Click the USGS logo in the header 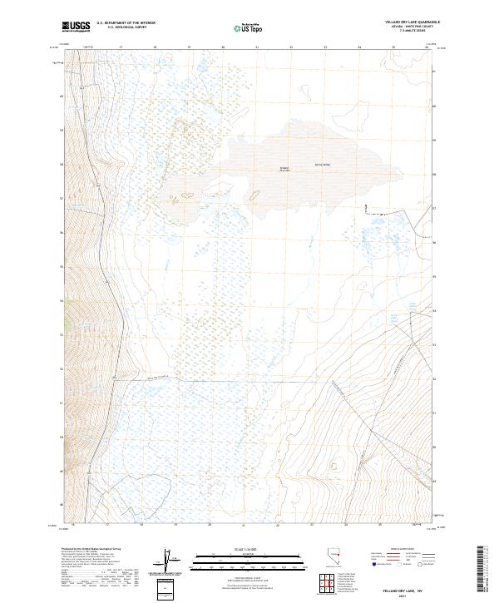[x=76, y=27]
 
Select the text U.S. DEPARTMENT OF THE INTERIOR [x=126, y=22]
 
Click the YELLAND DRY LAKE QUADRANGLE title [x=403, y=22]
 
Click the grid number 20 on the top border [x=224, y=48]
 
